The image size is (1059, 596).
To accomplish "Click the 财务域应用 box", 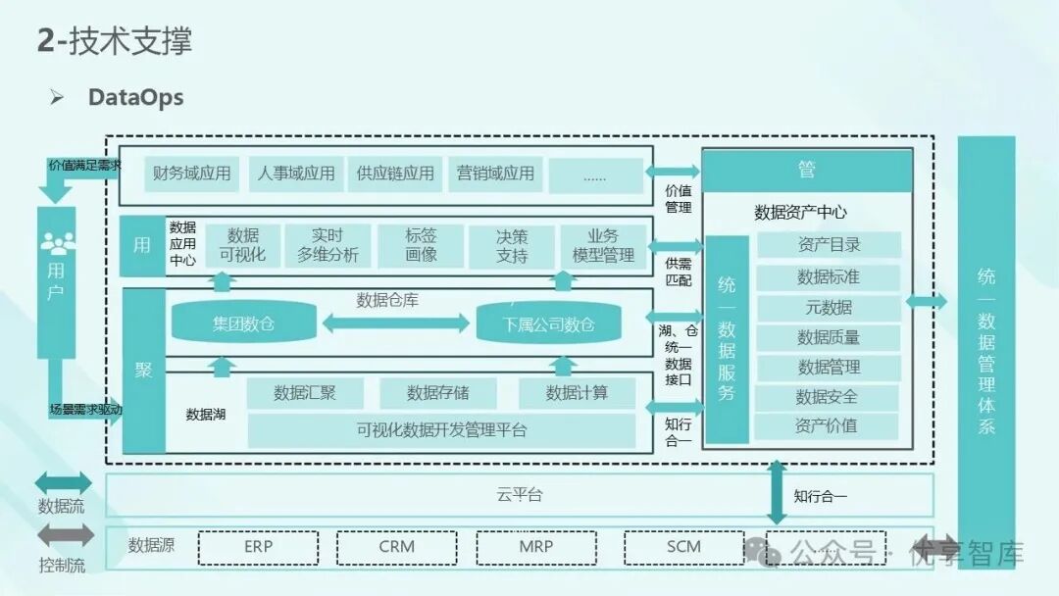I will pyautogui.click(x=192, y=174).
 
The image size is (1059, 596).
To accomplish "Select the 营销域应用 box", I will pyautogui.click(x=495, y=174).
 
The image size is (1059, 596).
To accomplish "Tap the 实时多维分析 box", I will pyautogui.click(x=328, y=246).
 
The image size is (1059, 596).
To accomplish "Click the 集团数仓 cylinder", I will pyautogui.click(x=244, y=323).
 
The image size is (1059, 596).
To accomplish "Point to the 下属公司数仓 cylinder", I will pyautogui.click(x=549, y=323).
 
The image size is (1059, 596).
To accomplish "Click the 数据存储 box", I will pyautogui.click(x=437, y=393).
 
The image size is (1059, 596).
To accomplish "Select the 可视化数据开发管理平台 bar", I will pyautogui.click(x=441, y=429).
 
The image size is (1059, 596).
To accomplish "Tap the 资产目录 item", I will pyautogui.click(x=829, y=245).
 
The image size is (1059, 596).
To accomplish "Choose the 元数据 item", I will pyautogui.click(x=829, y=308).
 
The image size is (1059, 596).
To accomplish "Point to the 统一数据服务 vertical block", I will pyautogui.click(x=727, y=339).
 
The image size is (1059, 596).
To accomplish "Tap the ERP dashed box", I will pyautogui.click(x=259, y=547).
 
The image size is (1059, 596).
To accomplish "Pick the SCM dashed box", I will pyautogui.click(x=683, y=547).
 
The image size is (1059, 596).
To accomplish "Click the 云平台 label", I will pyautogui.click(x=520, y=495).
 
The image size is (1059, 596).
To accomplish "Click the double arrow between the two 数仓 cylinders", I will pyautogui.click(x=395, y=323).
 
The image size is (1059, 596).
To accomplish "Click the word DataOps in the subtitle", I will pyautogui.click(x=135, y=97).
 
